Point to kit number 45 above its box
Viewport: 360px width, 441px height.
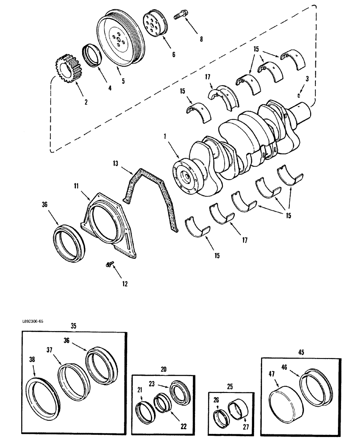click(x=300, y=352)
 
